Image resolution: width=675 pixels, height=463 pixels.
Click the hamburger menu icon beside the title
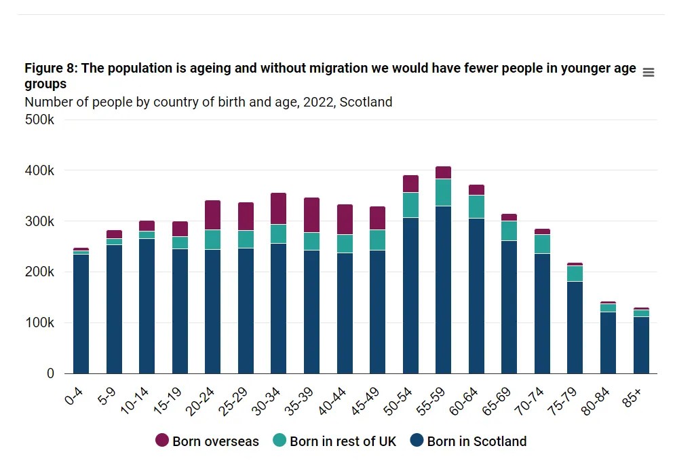point(648,73)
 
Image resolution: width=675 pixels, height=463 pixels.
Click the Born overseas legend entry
point(207,441)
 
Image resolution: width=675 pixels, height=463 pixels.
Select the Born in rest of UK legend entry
point(334,441)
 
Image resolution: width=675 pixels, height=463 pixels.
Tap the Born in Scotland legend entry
point(468,441)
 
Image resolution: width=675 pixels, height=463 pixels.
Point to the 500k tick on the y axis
point(40,119)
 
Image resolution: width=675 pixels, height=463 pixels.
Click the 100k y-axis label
point(40,322)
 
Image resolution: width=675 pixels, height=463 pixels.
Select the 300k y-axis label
point(40,221)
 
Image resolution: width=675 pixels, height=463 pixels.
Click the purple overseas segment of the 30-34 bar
point(278,208)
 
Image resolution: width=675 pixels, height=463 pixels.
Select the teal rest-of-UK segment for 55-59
point(443,192)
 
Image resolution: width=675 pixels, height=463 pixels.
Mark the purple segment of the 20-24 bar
point(212,215)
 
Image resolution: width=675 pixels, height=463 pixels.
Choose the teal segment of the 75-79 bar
point(575,274)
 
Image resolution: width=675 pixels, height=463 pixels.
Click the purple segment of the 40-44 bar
point(345,219)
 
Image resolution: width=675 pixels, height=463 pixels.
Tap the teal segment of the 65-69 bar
point(509,231)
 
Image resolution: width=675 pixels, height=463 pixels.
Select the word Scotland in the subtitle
point(366,103)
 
